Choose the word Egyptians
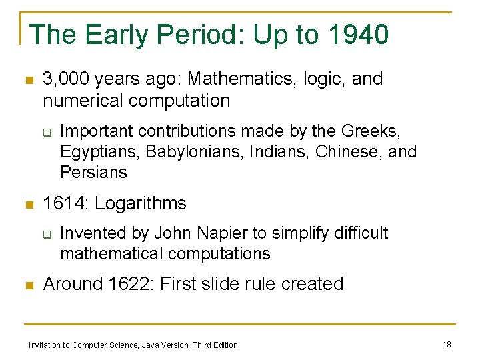pyautogui.click(x=99, y=151)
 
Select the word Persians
pyautogui.click(x=93, y=172)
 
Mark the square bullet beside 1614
pyautogui.click(x=28, y=204)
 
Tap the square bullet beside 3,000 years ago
pyautogui.click(x=28, y=80)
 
